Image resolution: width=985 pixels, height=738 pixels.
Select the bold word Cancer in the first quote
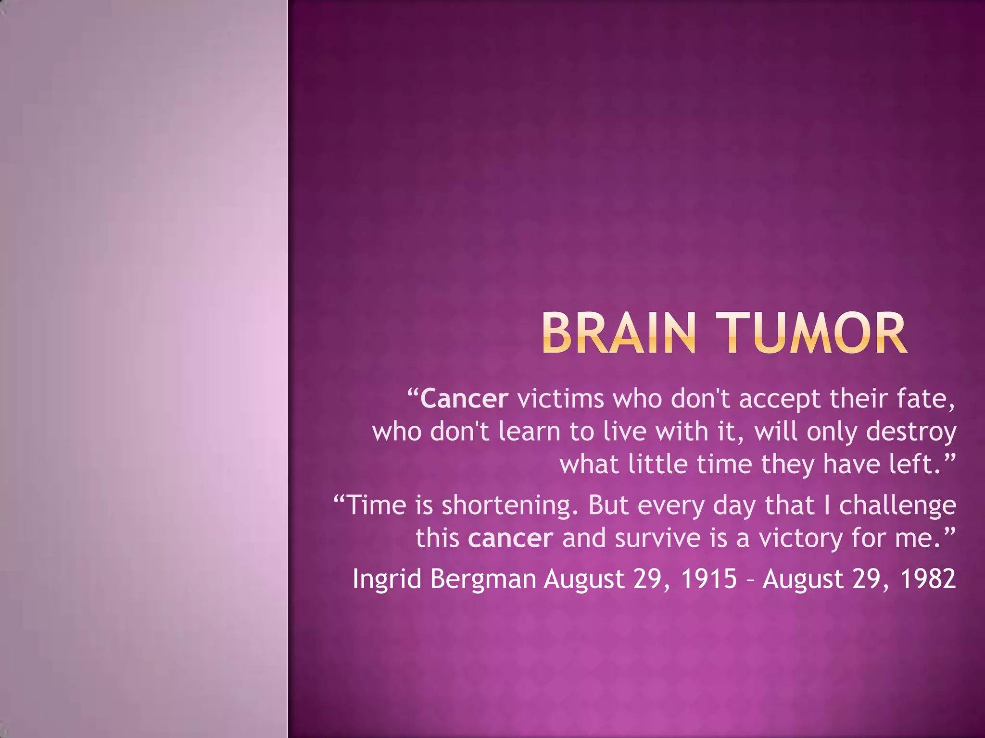(464, 399)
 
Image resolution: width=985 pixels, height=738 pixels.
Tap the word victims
(560, 399)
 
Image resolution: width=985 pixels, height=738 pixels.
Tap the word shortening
(510, 505)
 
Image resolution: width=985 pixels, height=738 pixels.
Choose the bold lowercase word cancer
(510, 538)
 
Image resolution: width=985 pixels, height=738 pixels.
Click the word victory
(800, 538)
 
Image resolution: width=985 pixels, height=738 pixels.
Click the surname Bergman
(483, 579)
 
